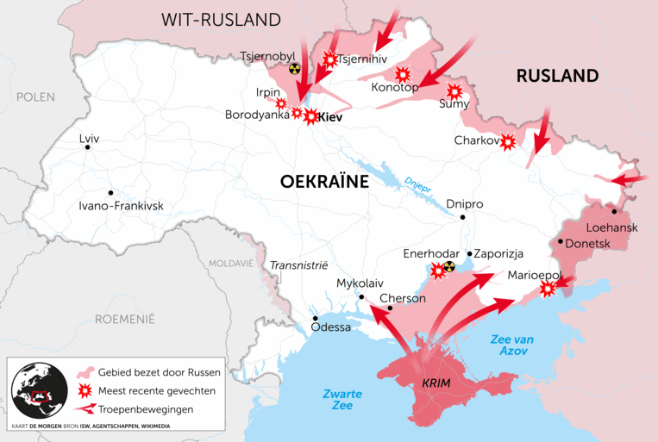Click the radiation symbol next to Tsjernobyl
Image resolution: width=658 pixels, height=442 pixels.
(295, 67)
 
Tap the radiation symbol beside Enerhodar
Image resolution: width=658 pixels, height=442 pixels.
(448, 266)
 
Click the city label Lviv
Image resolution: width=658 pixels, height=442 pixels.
(89, 139)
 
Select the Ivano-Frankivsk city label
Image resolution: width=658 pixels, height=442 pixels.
(121, 206)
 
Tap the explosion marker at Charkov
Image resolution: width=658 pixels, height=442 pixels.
(509, 141)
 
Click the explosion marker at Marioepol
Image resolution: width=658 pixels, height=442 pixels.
(547, 289)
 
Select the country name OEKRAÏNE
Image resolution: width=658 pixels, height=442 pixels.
(324, 182)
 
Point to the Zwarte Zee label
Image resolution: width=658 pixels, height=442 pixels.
(342, 400)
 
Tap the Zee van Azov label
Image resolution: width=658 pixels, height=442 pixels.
(511, 346)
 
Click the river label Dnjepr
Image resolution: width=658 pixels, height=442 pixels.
(417, 184)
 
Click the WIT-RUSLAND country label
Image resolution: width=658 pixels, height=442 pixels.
(222, 20)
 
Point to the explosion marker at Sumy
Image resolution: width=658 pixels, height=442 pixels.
(454, 90)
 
